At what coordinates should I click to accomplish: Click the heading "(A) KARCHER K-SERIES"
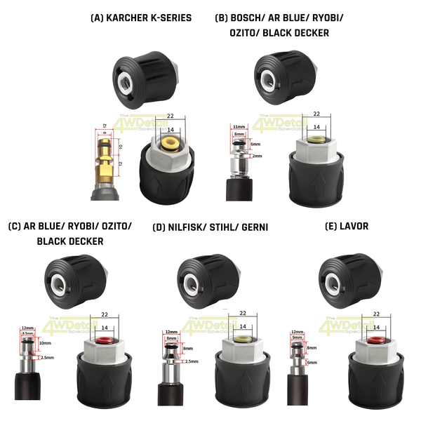pyautogui.click(x=141, y=18)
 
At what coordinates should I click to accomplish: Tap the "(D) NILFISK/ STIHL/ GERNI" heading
pyautogui.click(x=210, y=227)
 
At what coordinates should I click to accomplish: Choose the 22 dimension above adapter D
pyautogui.click(x=243, y=313)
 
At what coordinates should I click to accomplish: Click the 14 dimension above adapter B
pyautogui.click(x=316, y=127)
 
